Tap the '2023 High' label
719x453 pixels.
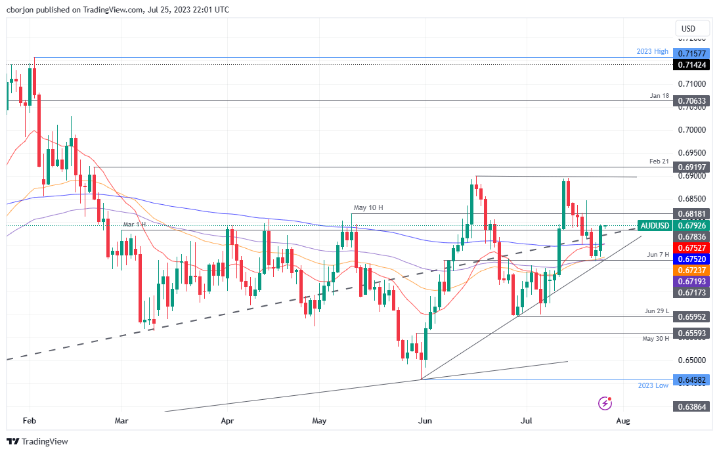tap(653, 51)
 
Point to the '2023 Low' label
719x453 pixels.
tap(653, 385)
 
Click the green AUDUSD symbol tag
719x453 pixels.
tap(655, 225)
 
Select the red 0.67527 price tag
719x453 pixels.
tap(693, 248)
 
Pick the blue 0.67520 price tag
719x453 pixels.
tap(693, 259)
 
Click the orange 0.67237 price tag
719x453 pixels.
tap(693, 270)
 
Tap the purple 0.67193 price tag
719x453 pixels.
tap(693, 280)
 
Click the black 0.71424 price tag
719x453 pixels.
tap(693, 65)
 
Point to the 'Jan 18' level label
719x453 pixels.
tap(659, 96)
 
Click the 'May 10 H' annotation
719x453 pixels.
tap(369, 208)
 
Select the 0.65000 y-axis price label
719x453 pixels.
tap(693, 360)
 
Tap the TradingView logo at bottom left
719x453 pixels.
tap(38, 441)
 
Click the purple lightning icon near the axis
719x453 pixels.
tap(605, 402)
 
